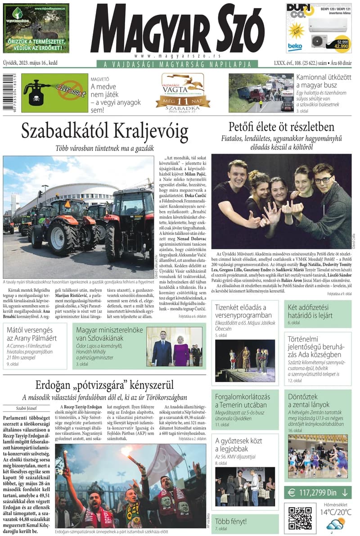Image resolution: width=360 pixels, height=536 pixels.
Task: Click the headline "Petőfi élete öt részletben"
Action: (281, 126)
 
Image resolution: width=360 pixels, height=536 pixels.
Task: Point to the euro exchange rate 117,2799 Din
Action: (318, 492)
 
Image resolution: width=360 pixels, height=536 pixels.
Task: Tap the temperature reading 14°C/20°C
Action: (336, 512)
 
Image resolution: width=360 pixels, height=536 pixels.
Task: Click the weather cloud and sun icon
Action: (336, 525)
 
